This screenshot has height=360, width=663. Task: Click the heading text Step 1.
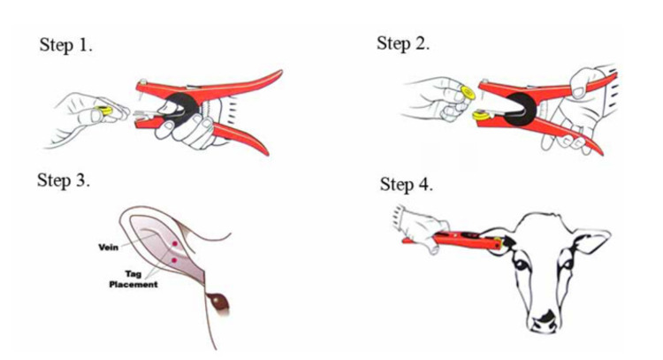click(65, 45)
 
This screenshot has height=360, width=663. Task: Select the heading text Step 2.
click(403, 43)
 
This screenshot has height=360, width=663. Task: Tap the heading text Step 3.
click(64, 180)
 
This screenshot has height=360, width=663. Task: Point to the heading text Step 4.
click(407, 185)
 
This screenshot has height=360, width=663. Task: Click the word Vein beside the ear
click(108, 247)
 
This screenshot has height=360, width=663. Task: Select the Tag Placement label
click(133, 280)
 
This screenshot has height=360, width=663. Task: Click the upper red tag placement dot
click(174, 243)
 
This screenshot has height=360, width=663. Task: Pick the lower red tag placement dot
click(174, 260)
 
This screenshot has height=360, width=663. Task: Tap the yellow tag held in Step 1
click(103, 111)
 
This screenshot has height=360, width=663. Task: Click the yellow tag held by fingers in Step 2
click(468, 93)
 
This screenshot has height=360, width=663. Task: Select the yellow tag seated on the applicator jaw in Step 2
click(481, 115)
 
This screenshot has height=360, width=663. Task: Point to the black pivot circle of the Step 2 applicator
click(521, 108)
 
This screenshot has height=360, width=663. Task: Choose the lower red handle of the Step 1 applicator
click(241, 137)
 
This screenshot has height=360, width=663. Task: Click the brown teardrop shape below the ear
click(218, 302)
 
